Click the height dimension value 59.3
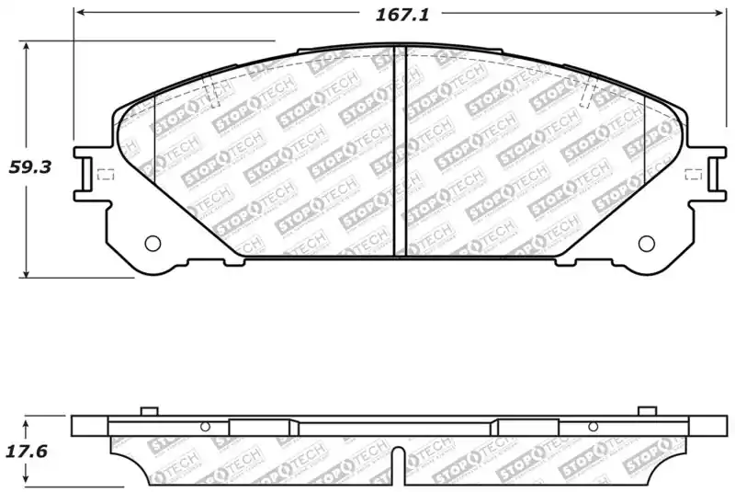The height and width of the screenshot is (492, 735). pos(28,166)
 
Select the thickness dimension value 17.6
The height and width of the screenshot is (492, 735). pos(28,452)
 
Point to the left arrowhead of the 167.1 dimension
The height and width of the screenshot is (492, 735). pos(79,14)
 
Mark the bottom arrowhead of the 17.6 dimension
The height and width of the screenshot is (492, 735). pos(28,480)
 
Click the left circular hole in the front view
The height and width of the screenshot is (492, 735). pos(153,244)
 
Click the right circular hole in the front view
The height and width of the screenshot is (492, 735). pos(646,244)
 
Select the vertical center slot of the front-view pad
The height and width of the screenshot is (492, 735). pos(400,152)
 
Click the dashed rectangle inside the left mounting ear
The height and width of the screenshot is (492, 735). pos(104,175)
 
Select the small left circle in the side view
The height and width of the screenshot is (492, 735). pos(205,427)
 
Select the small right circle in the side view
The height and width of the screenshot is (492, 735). pos(594,427)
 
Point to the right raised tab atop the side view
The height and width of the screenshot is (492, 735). pos(648,410)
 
